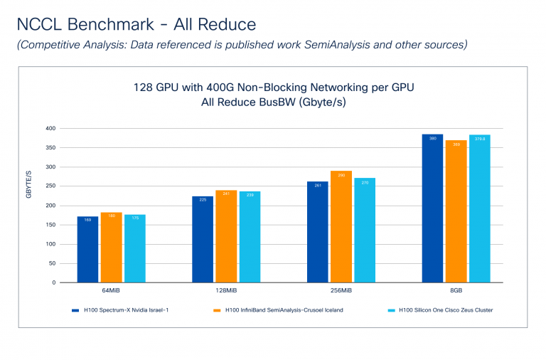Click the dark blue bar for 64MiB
[x=87, y=249]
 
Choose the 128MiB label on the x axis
[x=226, y=292]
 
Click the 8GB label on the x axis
[x=456, y=292]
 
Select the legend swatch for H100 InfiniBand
[x=215, y=310]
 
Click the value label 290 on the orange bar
[x=341, y=175]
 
